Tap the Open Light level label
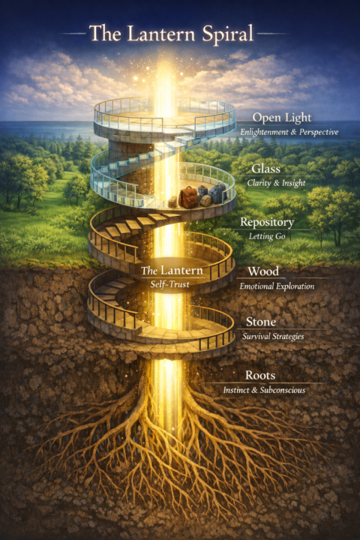pyautogui.click(x=282, y=118)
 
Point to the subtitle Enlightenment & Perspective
pyautogui.click(x=289, y=132)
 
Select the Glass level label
pyautogui.click(x=265, y=169)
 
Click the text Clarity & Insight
pyautogui.click(x=276, y=183)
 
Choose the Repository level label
pyautogui.click(x=267, y=222)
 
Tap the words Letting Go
pyautogui.click(x=267, y=236)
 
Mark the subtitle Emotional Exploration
pyautogui.click(x=277, y=286)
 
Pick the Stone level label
pyautogui.click(x=261, y=322)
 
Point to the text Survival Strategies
pyautogui.click(x=273, y=336)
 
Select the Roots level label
pyautogui.click(x=260, y=375)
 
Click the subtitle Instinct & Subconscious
pyautogui.click(x=264, y=390)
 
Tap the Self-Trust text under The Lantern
pyautogui.click(x=169, y=284)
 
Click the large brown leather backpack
pyautogui.click(x=188, y=197)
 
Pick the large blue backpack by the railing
pyautogui.click(x=217, y=193)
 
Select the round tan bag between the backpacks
pyautogui.click(x=205, y=200)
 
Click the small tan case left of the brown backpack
pyautogui.click(x=172, y=202)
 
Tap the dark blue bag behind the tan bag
pyautogui.click(x=202, y=191)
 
